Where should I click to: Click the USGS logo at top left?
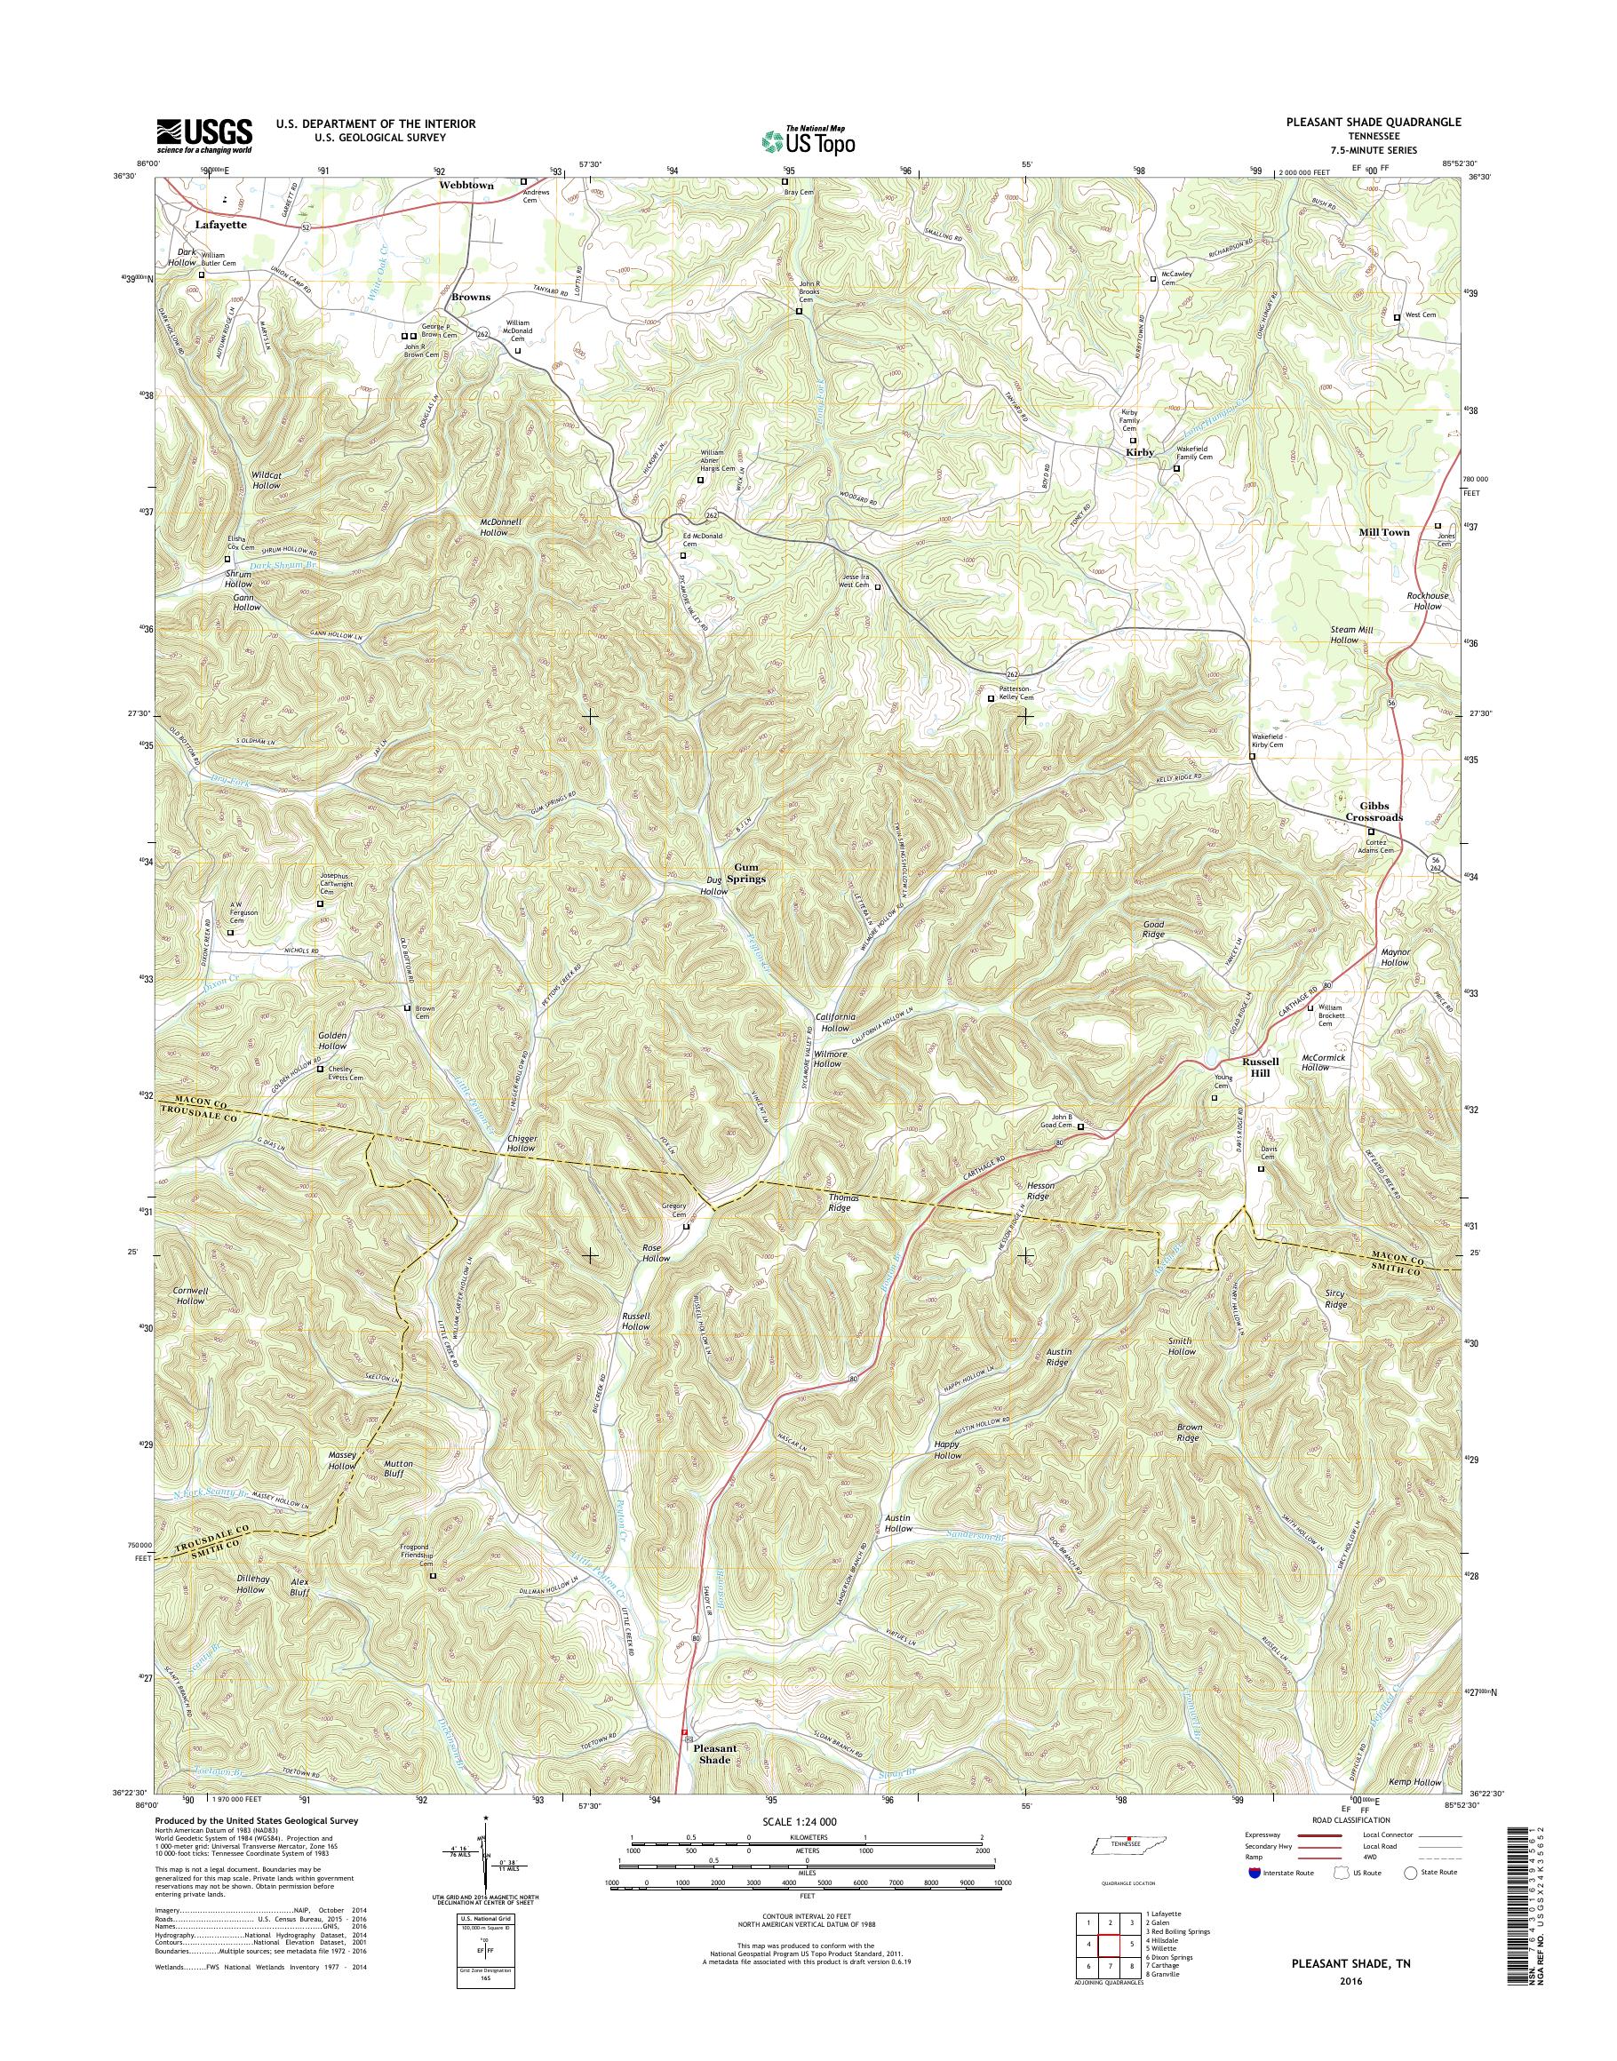click(x=204, y=135)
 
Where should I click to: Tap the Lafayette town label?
click(x=219, y=226)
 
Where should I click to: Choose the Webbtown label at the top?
click(x=466, y=186)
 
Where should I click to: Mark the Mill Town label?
click(x=1384, y=532)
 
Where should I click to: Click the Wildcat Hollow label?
click(x=266, y=479)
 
